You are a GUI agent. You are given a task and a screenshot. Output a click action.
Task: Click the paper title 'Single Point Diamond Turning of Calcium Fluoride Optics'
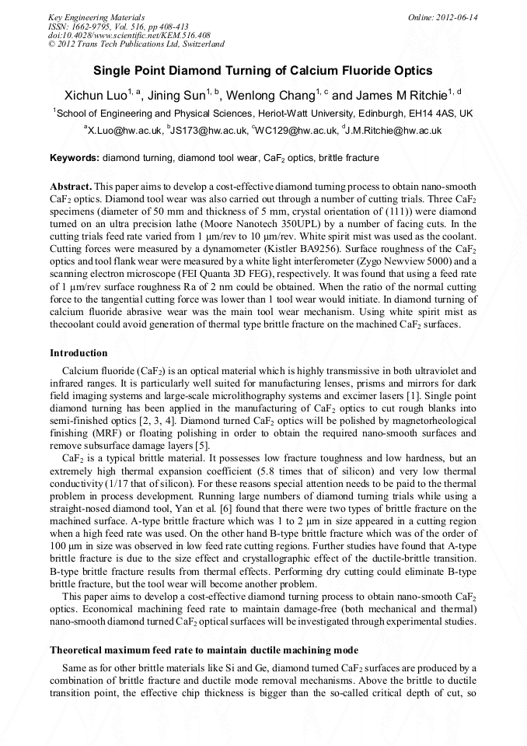(x=263, y=71)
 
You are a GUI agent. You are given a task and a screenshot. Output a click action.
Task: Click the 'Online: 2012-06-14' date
(x=443, y=17)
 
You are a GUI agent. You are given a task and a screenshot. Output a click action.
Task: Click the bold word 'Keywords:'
(x=75, y=158)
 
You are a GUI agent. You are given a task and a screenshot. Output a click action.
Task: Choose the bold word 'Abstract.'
(x=72, y=187)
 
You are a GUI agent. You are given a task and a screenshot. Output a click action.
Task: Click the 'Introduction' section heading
(x=79, y=353)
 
